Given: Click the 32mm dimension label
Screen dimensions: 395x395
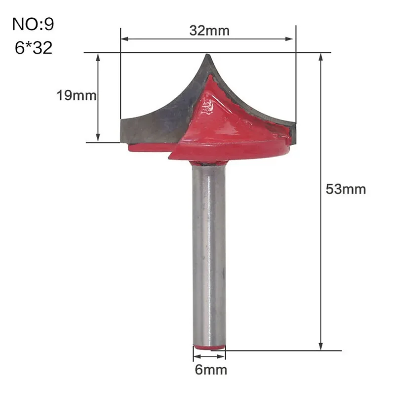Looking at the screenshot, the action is (x=209, y=31).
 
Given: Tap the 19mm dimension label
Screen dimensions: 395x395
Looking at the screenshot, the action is (x=77, y=95).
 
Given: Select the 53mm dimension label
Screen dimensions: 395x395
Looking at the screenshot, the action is (x=346, y=189).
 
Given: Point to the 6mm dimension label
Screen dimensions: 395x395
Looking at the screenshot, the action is (x=211, y=370).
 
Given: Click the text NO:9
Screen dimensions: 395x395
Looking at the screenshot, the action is (x=33, y=24).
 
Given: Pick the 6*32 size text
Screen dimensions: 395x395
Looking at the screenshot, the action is (x=34, y=47).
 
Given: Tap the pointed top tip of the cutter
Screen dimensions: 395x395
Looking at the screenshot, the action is (x=207, y=54).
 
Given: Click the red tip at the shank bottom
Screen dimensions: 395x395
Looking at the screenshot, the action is (x=209, y=348).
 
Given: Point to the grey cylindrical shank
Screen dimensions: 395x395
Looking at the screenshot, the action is (x=209, y=254).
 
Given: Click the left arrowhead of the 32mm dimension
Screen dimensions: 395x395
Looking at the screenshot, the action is (x=124, y=39).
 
